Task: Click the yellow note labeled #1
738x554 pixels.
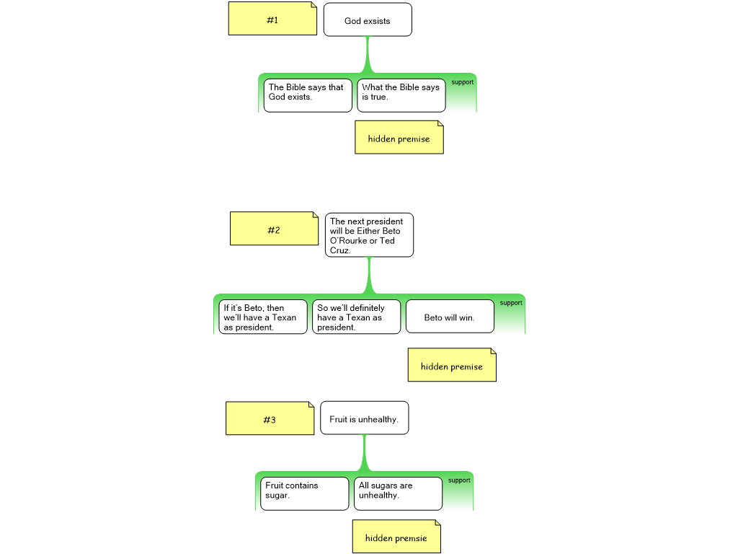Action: coord(272,19)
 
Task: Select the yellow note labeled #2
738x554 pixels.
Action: coord(274,229)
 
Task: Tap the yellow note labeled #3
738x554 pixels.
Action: coord(270,418)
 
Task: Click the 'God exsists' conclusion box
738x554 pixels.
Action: coord(368,19)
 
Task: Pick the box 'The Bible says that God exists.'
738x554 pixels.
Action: coord(308,95)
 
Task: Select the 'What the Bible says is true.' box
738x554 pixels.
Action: coord(401,95)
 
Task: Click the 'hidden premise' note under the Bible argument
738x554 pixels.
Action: coord(399,137)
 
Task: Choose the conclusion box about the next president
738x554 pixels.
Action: coord(369,234)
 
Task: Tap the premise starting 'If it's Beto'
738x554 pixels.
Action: coord(263,317)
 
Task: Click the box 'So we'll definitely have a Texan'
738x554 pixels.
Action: coord(356,317)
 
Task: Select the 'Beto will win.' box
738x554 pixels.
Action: coord(450,317)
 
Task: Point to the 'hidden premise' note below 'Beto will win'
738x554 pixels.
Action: coord(452,366)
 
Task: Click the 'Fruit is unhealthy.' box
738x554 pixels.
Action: coord(364,418)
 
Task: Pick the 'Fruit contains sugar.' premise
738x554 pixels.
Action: coord(304,493)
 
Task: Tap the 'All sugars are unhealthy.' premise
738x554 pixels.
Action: coord(398,493)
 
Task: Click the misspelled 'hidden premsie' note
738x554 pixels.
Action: coord(396,537)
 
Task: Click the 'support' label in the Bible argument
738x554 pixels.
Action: coord(463,82)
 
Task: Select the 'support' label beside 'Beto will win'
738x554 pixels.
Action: coord(511,303)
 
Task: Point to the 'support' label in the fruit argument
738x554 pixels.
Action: coord(459,480)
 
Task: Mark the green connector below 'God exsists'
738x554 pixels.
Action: coord(368,54)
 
